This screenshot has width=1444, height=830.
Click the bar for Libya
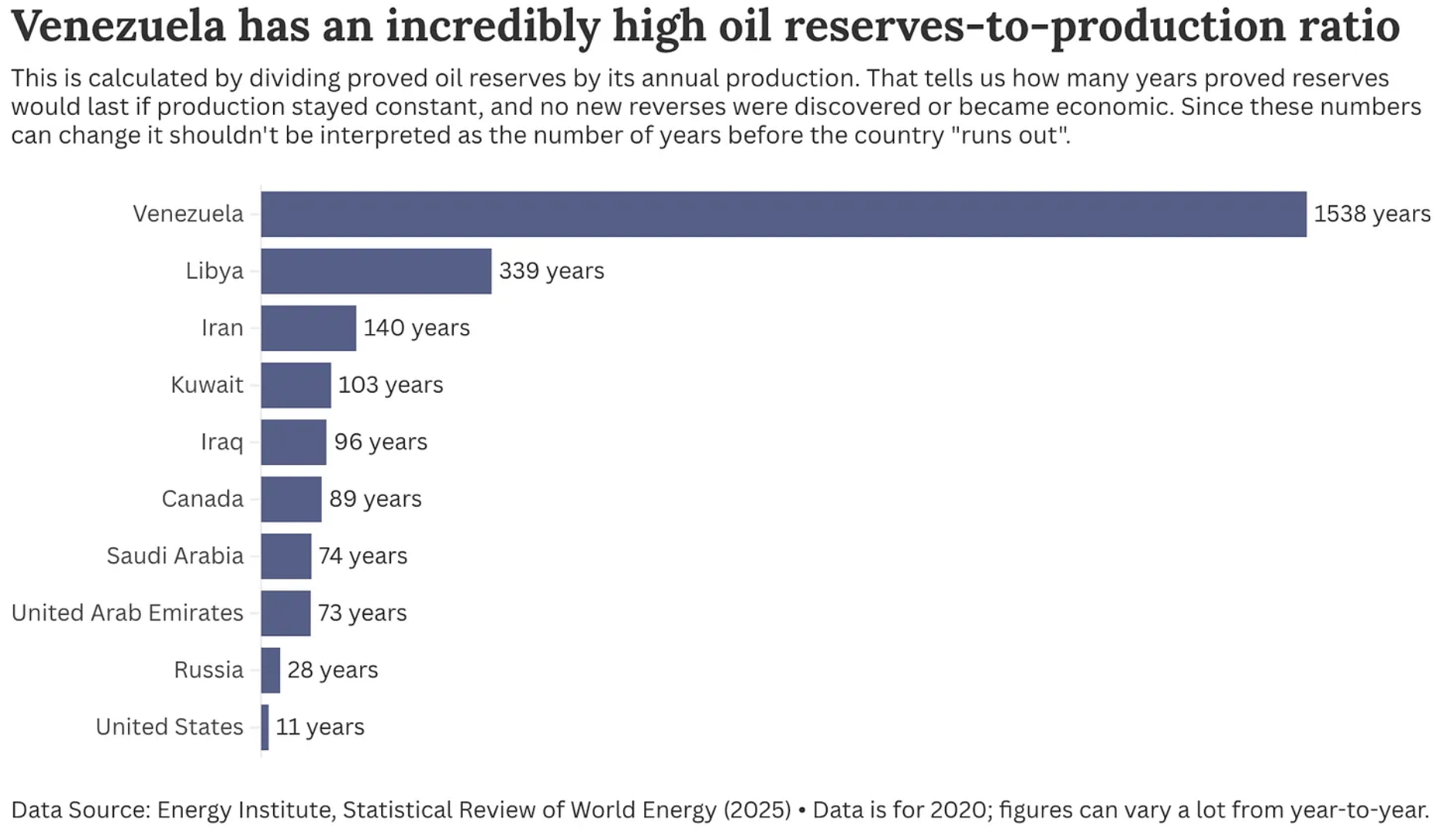(376, 271)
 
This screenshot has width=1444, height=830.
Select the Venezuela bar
(783, 214)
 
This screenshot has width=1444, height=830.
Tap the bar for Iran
(309, 328)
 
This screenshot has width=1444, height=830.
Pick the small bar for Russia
(271, 670)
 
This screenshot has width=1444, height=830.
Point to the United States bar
(265, 727)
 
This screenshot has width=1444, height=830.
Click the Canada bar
(291, 499)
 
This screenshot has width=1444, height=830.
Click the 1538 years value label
(1371, 214)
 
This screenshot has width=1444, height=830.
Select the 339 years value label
(551, 271)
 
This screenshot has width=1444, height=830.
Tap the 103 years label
(390, 385)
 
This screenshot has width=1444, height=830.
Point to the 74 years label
(363, 556)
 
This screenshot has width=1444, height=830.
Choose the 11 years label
(319, 727)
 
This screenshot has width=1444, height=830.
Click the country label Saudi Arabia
(174, 556)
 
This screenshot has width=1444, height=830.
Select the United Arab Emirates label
(127, 613)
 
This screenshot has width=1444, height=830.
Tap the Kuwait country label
(207, 385)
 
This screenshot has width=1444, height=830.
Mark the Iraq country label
(221, 442)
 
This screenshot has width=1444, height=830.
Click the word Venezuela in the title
(117, 25)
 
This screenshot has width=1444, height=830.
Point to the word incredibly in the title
(492, 25)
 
